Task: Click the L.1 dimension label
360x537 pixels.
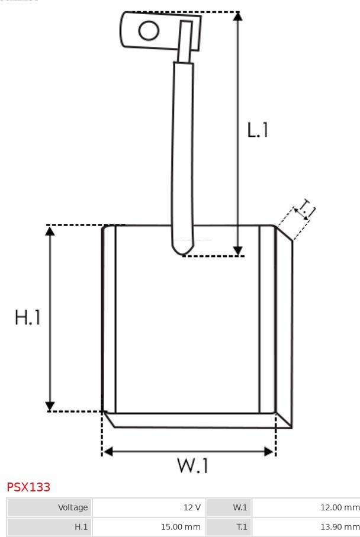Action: [x=258, y=130]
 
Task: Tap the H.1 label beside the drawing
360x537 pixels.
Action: [x=27, y=317]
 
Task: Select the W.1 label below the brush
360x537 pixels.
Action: [x=192, y=465]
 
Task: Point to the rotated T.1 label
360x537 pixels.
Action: [x=306, y=209]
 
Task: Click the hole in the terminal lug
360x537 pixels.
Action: [x=149, y=30]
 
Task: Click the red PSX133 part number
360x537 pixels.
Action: [x=28, y=487]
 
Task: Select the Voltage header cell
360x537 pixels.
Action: [x=50, y=507]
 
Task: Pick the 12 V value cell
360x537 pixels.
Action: [x=149, y=507]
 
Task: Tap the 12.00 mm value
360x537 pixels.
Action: [x=340, y=507]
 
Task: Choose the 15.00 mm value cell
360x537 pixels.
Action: [x=149, y=527]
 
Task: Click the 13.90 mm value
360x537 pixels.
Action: [x=340, y=527]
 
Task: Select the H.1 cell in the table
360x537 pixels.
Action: [x=50, y=527]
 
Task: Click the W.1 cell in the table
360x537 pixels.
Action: [x=229, y=507]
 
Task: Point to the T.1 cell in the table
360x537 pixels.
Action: [x=229, y=527]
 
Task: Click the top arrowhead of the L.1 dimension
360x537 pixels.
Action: [x=237, y=16]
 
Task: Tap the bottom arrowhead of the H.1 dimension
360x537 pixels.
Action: [x=50, y=406]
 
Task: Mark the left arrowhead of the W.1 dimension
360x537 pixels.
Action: [x=108, y=452]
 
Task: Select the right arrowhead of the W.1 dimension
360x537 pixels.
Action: [x=269, y=452]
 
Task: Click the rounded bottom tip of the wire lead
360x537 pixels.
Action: [x=182, y=253]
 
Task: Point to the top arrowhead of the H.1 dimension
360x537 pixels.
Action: [x=50, y=231]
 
